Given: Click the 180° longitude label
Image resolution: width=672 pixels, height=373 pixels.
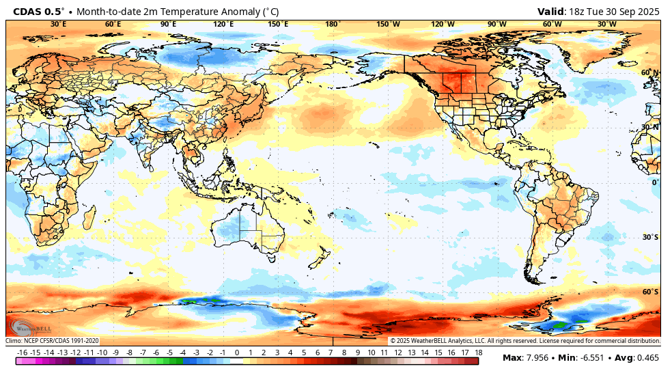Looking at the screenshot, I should tap(333, 24).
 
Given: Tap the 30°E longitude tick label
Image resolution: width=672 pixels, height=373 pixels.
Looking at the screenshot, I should tap(59, 24).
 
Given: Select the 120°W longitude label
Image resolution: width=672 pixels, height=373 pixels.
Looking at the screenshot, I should tap(443, 24).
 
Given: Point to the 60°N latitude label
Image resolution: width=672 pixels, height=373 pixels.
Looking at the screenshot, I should tap(649, 72).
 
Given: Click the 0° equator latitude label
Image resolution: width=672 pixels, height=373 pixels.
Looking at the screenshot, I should tap(654, 182).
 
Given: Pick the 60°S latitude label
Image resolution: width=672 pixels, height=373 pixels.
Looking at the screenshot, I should tap(650, 292).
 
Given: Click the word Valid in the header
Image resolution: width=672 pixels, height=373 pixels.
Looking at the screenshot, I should tap(551, 11).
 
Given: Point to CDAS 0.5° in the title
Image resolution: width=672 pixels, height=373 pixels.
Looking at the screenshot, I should tap(39, 12).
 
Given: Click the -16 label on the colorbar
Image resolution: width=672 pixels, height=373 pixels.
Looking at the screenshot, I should tap(22, 353).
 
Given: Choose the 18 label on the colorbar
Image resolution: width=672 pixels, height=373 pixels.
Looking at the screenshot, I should tap(479, 353).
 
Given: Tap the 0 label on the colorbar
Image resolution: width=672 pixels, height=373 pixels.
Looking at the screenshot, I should tap(237, 353).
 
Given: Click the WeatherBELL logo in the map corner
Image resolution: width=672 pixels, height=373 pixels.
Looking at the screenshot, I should tap(27, 327).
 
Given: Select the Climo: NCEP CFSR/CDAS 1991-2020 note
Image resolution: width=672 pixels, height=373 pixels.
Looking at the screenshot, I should tap(53, 341).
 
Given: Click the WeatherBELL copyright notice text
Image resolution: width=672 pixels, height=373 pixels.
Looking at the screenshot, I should tap(524, 341).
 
